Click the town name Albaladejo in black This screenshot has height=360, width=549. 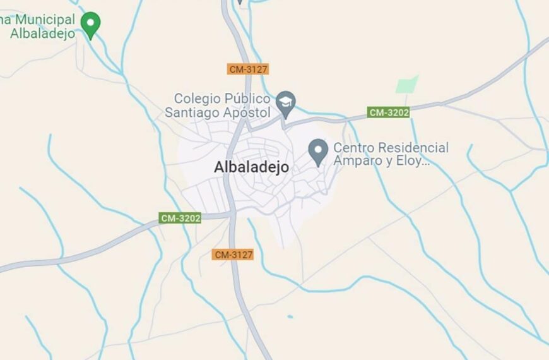point(251,167)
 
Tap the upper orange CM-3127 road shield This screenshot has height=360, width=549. point(249,69)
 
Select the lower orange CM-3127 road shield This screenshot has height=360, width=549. point(233,255)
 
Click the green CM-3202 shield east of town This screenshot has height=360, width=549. point(389,112)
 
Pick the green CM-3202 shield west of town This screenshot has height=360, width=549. point(180,219)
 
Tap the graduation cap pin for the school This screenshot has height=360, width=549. point(286,104)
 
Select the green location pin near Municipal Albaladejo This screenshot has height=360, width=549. point(92,25)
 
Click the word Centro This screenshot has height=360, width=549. point(354,148)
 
